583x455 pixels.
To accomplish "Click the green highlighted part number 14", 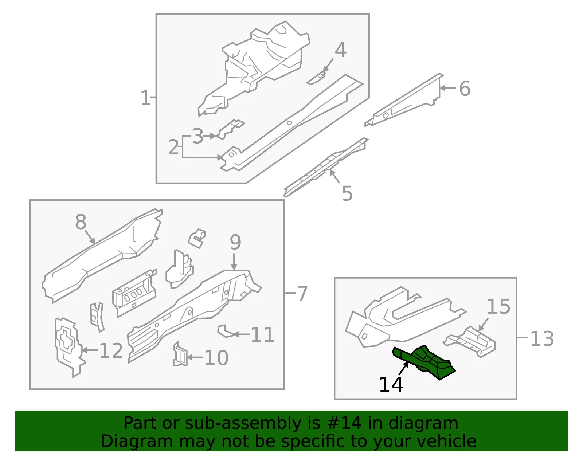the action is (x=423, y=362).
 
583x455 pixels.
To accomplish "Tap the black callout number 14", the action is (x=391, y=385).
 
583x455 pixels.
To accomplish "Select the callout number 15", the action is (x=498, y=306).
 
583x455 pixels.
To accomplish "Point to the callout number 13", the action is (x=542, y=339).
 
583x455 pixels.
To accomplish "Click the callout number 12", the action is (x=111, y=350).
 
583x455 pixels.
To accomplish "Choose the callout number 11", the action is (x=262, y=335).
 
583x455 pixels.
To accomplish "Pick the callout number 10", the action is (x=216, y=358).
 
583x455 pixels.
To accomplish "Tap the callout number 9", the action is (x=235, y=242).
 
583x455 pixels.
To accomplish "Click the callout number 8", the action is (x=81, y=222).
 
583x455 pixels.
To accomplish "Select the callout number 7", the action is (x=302, y=294).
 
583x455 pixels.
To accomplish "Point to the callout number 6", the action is (x=465, y=89).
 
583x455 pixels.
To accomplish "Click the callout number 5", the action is (x=347, y=193).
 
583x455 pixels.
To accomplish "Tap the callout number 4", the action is (x=341, y=50).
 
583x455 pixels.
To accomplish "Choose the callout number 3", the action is (x=198, y=136).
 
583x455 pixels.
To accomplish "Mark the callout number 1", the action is (x=146, y=98).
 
